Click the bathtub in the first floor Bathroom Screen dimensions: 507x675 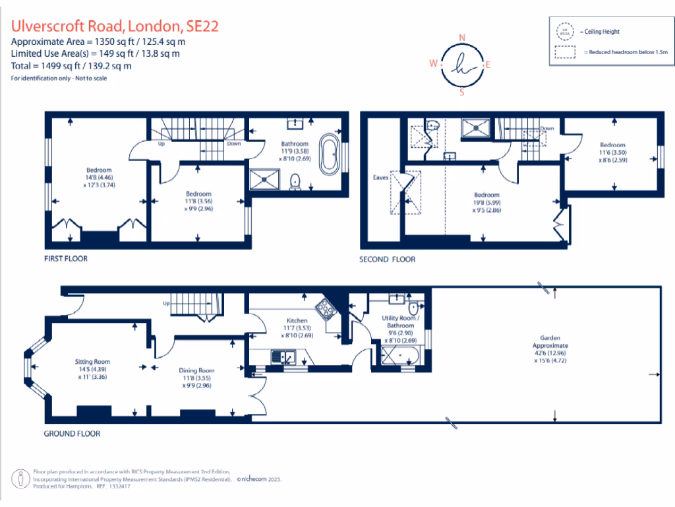tap(328, 154)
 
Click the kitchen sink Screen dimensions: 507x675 tap(283, 357)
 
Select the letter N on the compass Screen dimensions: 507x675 tap(462, 37)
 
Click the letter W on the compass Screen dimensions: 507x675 tap(433, 64)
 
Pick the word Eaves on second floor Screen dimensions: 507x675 tap(381, 178)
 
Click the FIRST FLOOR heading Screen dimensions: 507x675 tap(66, 259)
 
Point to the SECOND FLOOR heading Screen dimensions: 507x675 tap(387, 259)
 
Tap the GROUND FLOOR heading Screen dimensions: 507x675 tap(72, 434)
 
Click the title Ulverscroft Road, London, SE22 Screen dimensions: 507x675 tap(115, 26)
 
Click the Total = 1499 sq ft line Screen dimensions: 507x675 tap(71, 66)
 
